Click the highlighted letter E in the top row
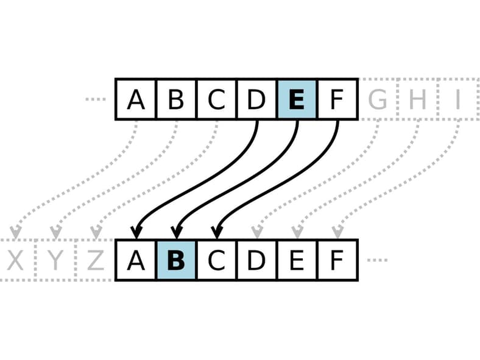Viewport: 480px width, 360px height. [x=297, y=99]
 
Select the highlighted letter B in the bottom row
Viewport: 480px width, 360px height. [x=176, y=260]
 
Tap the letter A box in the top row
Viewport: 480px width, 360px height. [x=136, y=99]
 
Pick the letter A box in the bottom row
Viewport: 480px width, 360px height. [x=136, y=260]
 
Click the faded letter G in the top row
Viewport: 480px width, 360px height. [x=378, y=99]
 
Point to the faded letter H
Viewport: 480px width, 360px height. [x=417, y=99]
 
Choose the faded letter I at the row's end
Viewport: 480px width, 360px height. [x=458, y=99]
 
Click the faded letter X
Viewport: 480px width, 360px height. [x=15, y=260]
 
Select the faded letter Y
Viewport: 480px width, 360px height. [x=55, y=260]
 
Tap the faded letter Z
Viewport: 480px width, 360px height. [x=96, y=260]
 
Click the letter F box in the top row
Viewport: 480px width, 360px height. [x=337, y=99]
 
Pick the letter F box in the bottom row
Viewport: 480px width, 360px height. [x=337, y=260]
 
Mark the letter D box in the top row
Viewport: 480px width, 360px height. [x=256, y=99]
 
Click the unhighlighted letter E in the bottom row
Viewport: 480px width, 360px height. [x=297, y=260]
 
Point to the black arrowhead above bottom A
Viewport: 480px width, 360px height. [x=136, y=232]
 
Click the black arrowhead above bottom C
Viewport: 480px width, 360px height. [x=217, y=232]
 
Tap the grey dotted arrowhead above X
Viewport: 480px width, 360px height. [x=15, y=232]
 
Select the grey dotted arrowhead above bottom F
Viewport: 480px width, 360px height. [x=337, y=232]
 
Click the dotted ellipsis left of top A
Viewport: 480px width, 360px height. [x=96, y=99]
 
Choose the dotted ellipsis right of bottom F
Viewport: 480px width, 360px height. [x=377, y=260]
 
